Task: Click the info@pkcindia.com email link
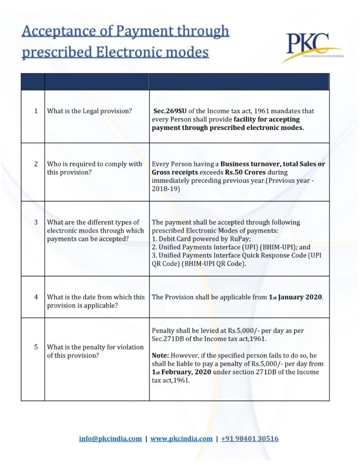tap(111, 439)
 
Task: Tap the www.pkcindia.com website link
tap(181, 439)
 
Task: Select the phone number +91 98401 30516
tap(250, 439)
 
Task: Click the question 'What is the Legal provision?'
tap(90, 111)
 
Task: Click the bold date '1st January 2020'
tap(296, 297)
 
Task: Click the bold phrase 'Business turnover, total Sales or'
tap(273, 164)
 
